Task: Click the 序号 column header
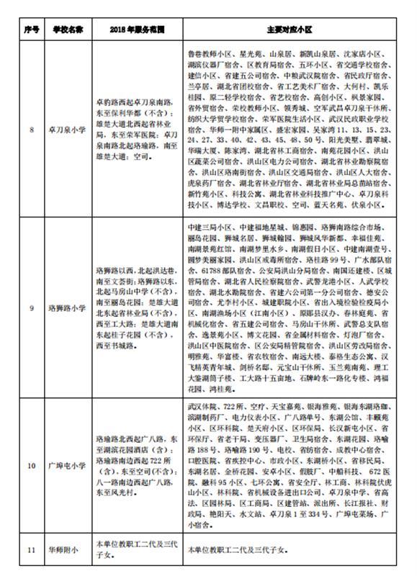[30, 30]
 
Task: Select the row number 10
[30, 466]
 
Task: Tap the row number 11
[30, 551]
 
